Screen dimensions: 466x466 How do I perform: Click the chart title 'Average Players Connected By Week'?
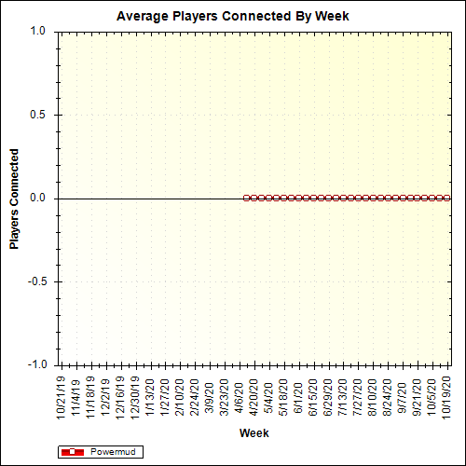pyautogui.click(x=233, y=17)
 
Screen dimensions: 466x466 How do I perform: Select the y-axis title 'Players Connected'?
pyautogui.click(x=15, y=198)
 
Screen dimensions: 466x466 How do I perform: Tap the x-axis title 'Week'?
pyautogui.click(x=254, y=433)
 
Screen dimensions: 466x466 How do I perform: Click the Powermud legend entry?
pyautogui.click(x=103, y=452)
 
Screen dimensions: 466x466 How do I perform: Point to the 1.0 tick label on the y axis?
pyautogui.click(x=37, y=31)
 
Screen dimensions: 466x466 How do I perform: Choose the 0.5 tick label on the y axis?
pyautogui.click(x=37, y=115)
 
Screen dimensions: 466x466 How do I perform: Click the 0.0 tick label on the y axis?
pyautogui.click(x=37, y=198)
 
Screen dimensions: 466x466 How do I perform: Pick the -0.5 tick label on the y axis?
pyautogui.click(x=35, y=281)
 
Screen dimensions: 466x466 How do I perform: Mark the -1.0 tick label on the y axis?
pyautogui.click(x=35, y=364)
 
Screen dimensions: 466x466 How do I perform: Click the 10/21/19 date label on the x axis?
pyautogui.click(x=61, y=396)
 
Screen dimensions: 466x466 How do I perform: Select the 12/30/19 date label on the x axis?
pyautogui.click(x=134, y=396)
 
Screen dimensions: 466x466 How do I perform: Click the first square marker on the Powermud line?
pyautogui.click(x=246, y=198)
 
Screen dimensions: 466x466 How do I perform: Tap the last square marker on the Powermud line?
pyautogui.click(x=446, y=198)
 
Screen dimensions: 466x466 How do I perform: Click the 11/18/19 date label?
pyautogui.click(x=90, y=396)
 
